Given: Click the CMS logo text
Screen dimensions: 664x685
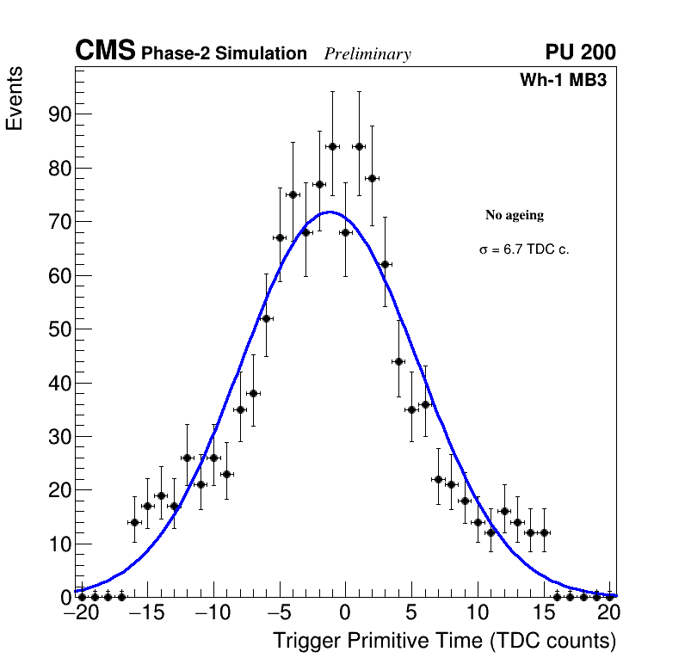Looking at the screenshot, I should (105, 52).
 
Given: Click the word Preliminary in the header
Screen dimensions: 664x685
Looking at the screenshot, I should (367, 54).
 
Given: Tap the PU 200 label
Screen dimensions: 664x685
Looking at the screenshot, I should (580, 52).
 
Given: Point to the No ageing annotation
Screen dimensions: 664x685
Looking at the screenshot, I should (515, 215).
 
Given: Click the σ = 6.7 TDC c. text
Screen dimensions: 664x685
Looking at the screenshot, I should (524, 250).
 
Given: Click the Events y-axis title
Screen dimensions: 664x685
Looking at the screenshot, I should (15, 98).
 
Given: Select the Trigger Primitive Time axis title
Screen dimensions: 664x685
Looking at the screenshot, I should (444, 642).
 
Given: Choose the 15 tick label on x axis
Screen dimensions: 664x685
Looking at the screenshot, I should (544, 613).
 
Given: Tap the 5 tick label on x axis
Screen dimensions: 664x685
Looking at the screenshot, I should (411, 613).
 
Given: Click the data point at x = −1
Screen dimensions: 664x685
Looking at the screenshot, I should (332, 146).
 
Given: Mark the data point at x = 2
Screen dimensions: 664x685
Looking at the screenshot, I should (372, 178).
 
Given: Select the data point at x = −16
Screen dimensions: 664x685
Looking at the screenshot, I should (134, 522).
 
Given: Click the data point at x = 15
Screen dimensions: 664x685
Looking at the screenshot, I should (544, 532).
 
